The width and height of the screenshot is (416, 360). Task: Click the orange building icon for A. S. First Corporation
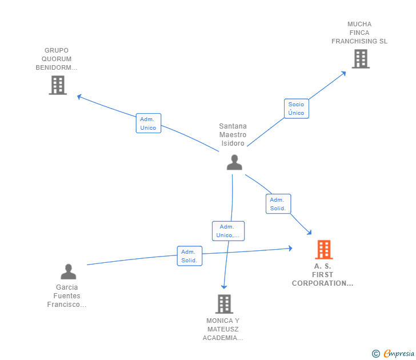[323, 250]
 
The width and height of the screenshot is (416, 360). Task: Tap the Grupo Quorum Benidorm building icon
[58, 85]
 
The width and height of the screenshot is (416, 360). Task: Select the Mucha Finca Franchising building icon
[360, 58]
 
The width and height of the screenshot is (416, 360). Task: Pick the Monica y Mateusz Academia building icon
[224, 303]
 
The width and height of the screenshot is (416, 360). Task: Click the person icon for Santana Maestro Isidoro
[234, 162]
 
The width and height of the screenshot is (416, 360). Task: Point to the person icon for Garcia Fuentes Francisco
[68, 271]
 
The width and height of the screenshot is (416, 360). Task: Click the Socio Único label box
[296, 109]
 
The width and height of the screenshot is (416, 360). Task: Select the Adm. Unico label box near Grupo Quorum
[148, 123]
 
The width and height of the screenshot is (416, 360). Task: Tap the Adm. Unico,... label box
[228, 231]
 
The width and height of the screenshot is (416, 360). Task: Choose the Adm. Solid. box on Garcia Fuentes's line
[189, 256]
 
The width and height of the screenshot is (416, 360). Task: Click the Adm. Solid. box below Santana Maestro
[278, 204]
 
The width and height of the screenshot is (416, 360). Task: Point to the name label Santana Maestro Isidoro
[233, 135]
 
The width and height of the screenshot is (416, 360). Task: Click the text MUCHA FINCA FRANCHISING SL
[359, 33]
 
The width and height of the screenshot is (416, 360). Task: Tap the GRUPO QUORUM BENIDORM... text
[56, 59]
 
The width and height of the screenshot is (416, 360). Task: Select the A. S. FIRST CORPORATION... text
[323, 275]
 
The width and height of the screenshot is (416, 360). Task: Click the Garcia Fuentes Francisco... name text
[67, 296]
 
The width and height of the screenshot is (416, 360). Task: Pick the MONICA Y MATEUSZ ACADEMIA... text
[223, 329]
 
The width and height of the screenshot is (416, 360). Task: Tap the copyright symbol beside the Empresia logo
[376, 354]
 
